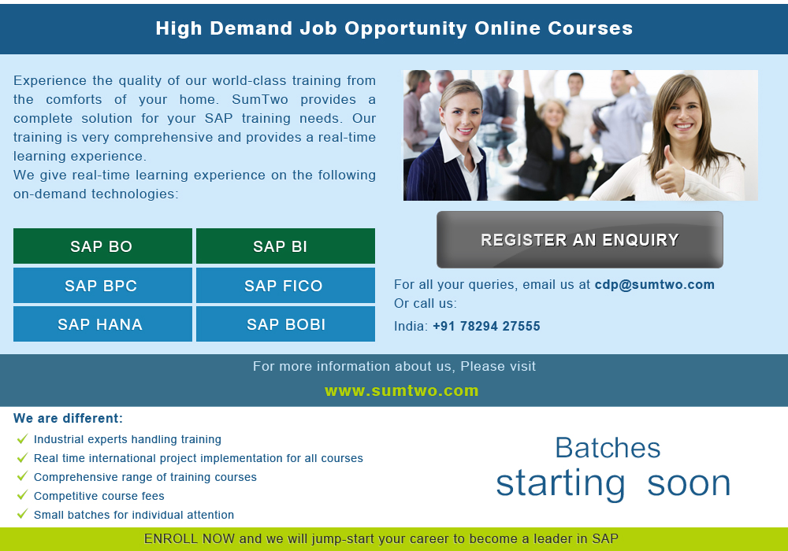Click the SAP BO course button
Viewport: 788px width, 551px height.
pos(102,246)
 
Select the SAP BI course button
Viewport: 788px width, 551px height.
pos(285,246)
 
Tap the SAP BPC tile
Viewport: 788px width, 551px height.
pos(102,285)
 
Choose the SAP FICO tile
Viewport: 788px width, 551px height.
pos(285,285)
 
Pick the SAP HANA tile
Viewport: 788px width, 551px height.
pos(102,324)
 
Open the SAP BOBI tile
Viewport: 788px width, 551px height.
pos(285,324)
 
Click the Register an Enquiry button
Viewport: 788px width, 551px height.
pos(580,239)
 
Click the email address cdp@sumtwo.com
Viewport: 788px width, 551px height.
pos(654,284)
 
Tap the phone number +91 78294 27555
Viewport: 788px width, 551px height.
pos(486,326)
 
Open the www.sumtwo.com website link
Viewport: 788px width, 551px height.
pos(402,390)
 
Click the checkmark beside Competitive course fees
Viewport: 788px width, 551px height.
pos(22,495)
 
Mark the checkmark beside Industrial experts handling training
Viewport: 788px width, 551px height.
pos(22,439)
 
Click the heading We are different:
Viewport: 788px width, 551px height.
pos(69,419)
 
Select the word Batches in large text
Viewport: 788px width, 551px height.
pos(608,448)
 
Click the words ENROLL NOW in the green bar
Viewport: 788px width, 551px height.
pos(189,539)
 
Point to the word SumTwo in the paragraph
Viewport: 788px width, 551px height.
pos(260,99)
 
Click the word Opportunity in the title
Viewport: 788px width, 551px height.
pos(406,29)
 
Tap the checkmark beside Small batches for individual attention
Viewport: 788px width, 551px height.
pos(22,514)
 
